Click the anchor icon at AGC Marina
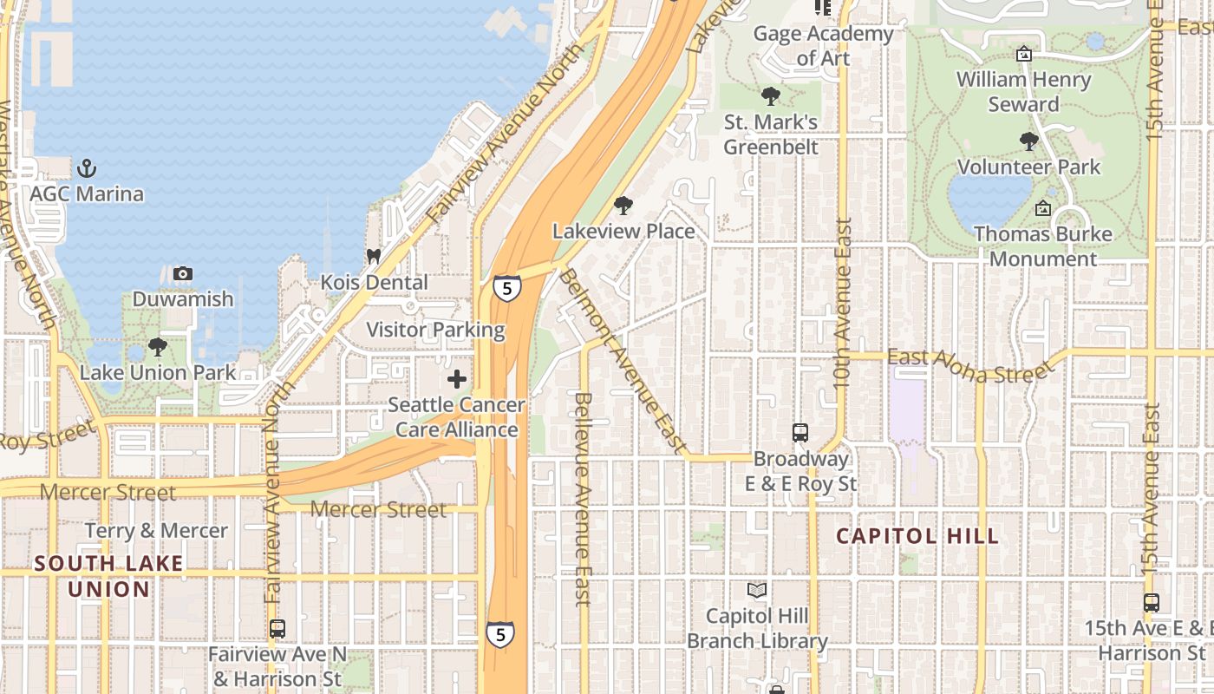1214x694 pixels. [x=86, y=167]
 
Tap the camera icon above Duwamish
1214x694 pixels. [x=182, y=274]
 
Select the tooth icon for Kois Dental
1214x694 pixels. [x=374, y=257]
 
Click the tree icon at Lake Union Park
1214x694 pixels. [x=157, y=347]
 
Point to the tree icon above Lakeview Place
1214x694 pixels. [x=623, y=206]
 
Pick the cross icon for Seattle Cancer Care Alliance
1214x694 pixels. [x=457, y=379]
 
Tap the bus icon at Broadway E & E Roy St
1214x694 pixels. [x=800, y=432]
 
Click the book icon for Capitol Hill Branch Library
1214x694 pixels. [x=757, y=591]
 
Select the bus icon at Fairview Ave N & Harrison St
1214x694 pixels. [x=277, y=628]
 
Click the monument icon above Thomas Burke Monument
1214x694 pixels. [x=1043, y=208]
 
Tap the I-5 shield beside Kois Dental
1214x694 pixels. [x=507, y=288]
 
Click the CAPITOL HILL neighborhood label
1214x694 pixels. [x=917, y=536]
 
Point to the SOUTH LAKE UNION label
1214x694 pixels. [x=109, y=577]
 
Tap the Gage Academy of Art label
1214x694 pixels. [x=823, y=46]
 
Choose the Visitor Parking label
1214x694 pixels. [x=435, y=330]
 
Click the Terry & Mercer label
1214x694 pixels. [x=156, y=531]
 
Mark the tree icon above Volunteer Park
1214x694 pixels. [x=1029, y=141]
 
